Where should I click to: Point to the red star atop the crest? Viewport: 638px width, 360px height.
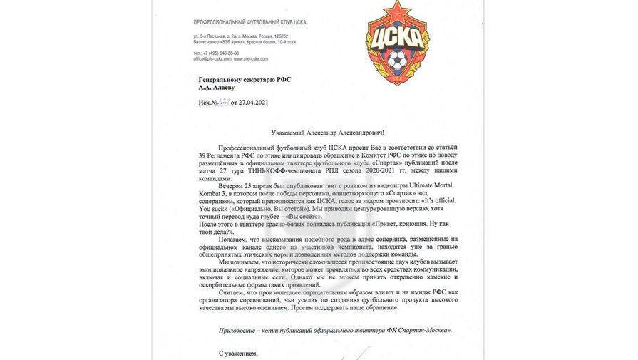[x=398, y=14]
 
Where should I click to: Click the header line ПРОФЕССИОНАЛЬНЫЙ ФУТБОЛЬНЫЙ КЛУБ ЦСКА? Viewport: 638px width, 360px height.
[x=249, y=22]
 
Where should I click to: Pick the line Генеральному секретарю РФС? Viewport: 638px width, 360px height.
[x=245, y=80]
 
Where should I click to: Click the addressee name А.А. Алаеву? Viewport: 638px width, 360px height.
[x=217, y=88]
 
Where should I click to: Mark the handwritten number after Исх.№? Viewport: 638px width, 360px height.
[x=226, y=102]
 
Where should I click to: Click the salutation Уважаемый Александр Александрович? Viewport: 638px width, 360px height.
[x=327, y=133]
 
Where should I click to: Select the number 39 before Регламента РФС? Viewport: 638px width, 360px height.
[x=203, y=155]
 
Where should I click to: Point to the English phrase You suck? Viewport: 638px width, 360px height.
[x=212, y=208]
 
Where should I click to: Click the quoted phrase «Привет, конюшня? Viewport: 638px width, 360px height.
[x=377, y=225]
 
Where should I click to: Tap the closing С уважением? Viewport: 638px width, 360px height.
[x=238, y=353]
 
